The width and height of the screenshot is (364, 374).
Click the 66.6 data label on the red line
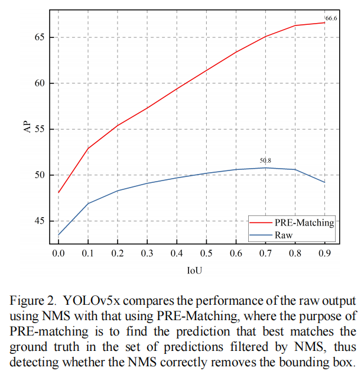(331, 18)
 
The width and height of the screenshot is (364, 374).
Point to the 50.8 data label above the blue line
(265, 160)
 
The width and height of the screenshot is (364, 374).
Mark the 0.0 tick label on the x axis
(58, 253)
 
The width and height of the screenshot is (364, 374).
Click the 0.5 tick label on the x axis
(206, 253)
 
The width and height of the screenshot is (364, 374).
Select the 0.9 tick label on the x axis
(324, 253)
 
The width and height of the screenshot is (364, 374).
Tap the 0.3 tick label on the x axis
(147, 253)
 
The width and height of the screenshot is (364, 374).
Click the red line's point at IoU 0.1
(88, 148)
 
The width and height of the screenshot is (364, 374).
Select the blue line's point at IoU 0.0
(58, 234)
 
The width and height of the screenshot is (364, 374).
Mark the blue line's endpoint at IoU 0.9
(324, 182)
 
